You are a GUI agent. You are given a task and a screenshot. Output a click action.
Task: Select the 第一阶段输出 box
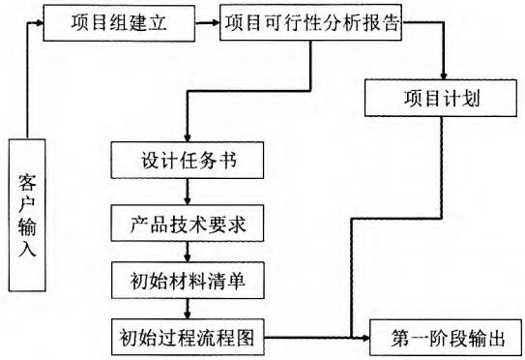447,339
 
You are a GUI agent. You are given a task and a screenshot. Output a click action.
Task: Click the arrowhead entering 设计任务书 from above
186,136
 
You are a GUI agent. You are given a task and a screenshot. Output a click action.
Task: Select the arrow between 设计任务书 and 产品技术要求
186,194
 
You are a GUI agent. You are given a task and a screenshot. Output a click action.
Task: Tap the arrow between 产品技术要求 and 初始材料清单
186,254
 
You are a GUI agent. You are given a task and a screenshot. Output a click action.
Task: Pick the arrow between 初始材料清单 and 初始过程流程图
186,310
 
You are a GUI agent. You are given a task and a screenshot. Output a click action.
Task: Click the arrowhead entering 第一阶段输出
366,339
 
